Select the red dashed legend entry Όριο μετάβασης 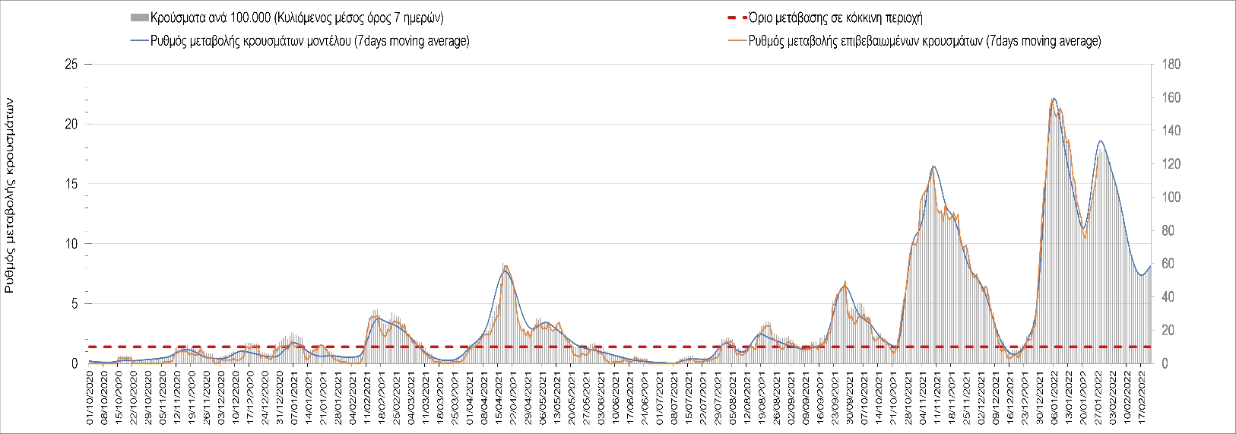click(x=835, y=17)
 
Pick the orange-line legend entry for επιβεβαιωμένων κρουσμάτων click(x=924, y=41)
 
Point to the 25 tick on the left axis click(x=71, y=65)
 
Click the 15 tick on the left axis click(x=71, y=184)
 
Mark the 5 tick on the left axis click(x=74, y=304)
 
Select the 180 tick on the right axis click(x=1171, y=65)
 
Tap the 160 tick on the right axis click(x=1171, y=98)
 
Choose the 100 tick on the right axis click(x=1171, y=198)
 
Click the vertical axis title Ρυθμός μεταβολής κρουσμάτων click(x=10, y=195)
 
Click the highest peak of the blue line click(x=1054, y=98)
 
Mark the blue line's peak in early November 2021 click(x=933, y=166)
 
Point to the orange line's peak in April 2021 click(x=505, y=265)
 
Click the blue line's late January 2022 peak click(x=1101, y=141)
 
